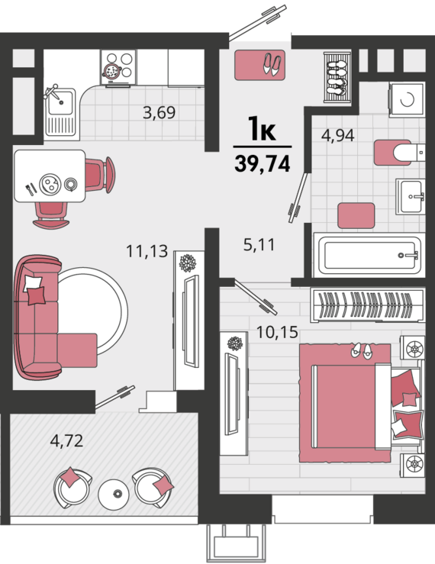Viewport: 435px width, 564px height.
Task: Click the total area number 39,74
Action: click(x=263, y=164)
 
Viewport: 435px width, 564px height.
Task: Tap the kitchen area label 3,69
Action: click(x=159, y=113)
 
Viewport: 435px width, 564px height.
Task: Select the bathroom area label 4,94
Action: click(x=338, y=135)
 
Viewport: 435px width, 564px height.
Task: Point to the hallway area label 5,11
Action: click(x=259, y=244)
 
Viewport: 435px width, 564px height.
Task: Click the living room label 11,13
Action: click(x=147, y=250)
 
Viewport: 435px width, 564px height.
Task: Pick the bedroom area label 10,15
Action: click(x=277, y=332)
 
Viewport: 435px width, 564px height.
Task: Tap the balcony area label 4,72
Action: click(x=66, y=440)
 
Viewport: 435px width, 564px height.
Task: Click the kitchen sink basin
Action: click(x=60, y=102)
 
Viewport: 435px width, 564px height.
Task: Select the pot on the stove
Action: click(x=112, y=70)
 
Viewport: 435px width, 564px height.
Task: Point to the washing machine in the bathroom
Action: click(x=407, y=99)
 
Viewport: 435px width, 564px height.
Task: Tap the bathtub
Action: click(x=369, y=255)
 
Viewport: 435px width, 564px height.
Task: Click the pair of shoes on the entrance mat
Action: click(x=272, y=64)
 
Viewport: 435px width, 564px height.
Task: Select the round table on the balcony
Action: click(x=114, y=495)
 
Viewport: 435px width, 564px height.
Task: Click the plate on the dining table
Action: click(x=50, y=184)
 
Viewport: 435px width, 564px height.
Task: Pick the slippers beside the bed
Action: click(x=362, y=350)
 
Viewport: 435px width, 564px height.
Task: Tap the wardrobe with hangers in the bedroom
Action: click(x=368, y=305)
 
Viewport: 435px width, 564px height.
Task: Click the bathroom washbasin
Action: click(x=411, y=196)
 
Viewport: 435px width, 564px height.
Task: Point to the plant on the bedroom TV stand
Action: click(x=235, y=343)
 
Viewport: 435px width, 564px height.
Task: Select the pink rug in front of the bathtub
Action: click(x=356, y=215)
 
